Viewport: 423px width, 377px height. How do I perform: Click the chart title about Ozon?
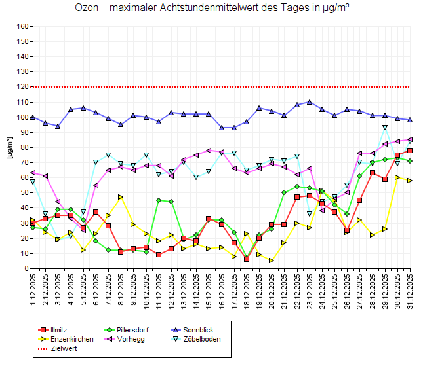coord(211,9)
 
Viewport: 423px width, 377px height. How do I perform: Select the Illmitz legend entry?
coord(60,329)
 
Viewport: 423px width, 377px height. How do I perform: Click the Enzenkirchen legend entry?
coord(71,339)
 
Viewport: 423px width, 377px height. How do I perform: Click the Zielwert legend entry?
coord(63,349)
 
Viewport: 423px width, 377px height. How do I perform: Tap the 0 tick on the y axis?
coord(27,268)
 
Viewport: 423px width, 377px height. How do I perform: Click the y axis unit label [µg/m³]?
coord(9,147)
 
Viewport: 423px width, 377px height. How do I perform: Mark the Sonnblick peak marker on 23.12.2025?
coord(310,102)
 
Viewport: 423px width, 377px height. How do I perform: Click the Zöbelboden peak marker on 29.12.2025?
coord(385,128)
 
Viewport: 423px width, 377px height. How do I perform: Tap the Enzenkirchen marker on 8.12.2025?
coord(121,197)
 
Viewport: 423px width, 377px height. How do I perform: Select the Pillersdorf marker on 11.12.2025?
coord(159,200)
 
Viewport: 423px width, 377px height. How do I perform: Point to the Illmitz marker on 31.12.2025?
coord(410,151)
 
